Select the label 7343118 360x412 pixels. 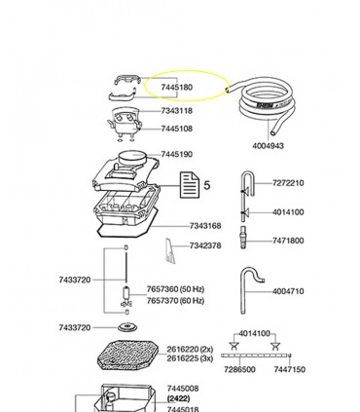176,111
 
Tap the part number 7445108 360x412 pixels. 176,129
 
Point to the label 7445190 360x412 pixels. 176,155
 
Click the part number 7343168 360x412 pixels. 205,225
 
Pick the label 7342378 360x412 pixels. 205,246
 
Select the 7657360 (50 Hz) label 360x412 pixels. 177,290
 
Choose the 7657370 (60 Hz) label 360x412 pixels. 177,301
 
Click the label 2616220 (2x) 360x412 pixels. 189,348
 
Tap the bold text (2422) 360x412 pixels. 178,399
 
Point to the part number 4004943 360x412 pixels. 269,146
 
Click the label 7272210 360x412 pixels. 288,183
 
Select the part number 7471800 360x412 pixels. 288,240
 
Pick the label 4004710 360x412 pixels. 288,291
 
